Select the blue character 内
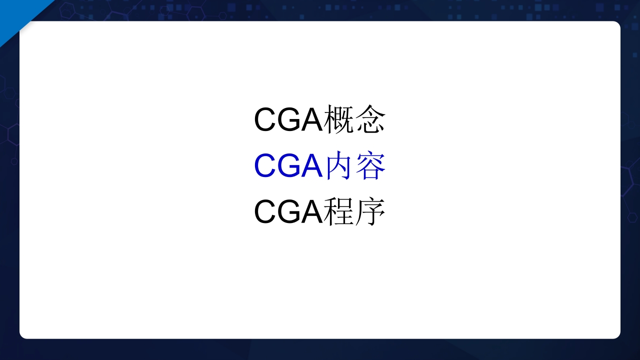pyautogui.click(x=339, y=166)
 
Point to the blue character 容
pyautogui.click(x=370, y=166)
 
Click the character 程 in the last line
pyautogui.click(x=339, y=212)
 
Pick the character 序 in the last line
pyautogui.click(x=370, y=212)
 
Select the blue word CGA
pyautogui.click(x=288, y=166)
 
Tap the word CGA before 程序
pyautogui.click(x=288, y=212)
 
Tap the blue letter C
pyautogui.click(x=265, y=166)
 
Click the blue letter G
pyautogui.click(x=289, y=166)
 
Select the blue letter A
pyautogui.click(x=311, y=166)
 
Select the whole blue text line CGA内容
pyautogui.click(x=320, y=166)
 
